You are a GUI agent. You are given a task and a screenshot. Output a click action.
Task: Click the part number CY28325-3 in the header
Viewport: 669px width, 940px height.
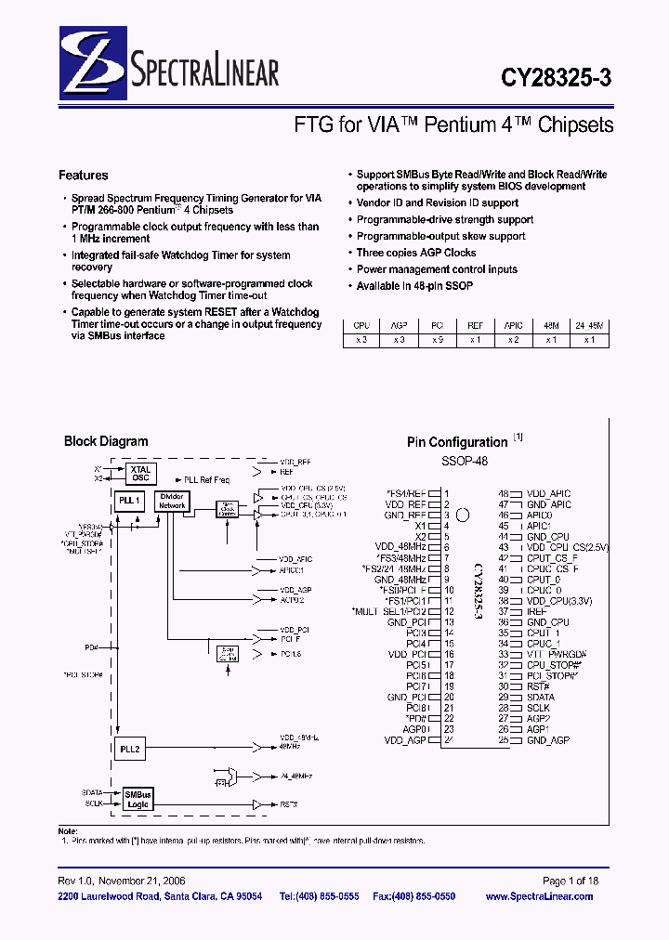557,80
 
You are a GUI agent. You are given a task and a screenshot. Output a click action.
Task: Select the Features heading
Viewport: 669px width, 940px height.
83,175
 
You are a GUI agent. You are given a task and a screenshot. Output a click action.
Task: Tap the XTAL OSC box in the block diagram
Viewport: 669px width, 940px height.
140,473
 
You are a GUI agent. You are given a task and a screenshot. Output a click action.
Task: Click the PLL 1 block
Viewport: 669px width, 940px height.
130,501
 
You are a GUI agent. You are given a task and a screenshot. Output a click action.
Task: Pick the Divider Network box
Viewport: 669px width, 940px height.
172,503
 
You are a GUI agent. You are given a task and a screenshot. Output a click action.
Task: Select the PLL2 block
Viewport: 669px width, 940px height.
130,748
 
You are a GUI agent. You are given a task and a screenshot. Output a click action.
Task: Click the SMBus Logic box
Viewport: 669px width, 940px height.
138,799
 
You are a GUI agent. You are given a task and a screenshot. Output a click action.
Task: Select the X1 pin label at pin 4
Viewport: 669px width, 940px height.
420,526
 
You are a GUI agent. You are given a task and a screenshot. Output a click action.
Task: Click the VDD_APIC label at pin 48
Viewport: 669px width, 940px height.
548,494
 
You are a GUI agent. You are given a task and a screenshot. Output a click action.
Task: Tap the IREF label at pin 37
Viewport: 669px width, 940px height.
536,612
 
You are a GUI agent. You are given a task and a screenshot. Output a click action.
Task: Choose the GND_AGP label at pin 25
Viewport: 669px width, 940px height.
547,740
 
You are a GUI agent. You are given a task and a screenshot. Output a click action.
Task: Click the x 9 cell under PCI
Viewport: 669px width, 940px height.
437,340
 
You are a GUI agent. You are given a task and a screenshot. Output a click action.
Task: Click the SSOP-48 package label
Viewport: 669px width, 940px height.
464,461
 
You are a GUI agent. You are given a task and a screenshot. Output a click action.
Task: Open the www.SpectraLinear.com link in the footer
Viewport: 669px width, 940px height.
539,896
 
